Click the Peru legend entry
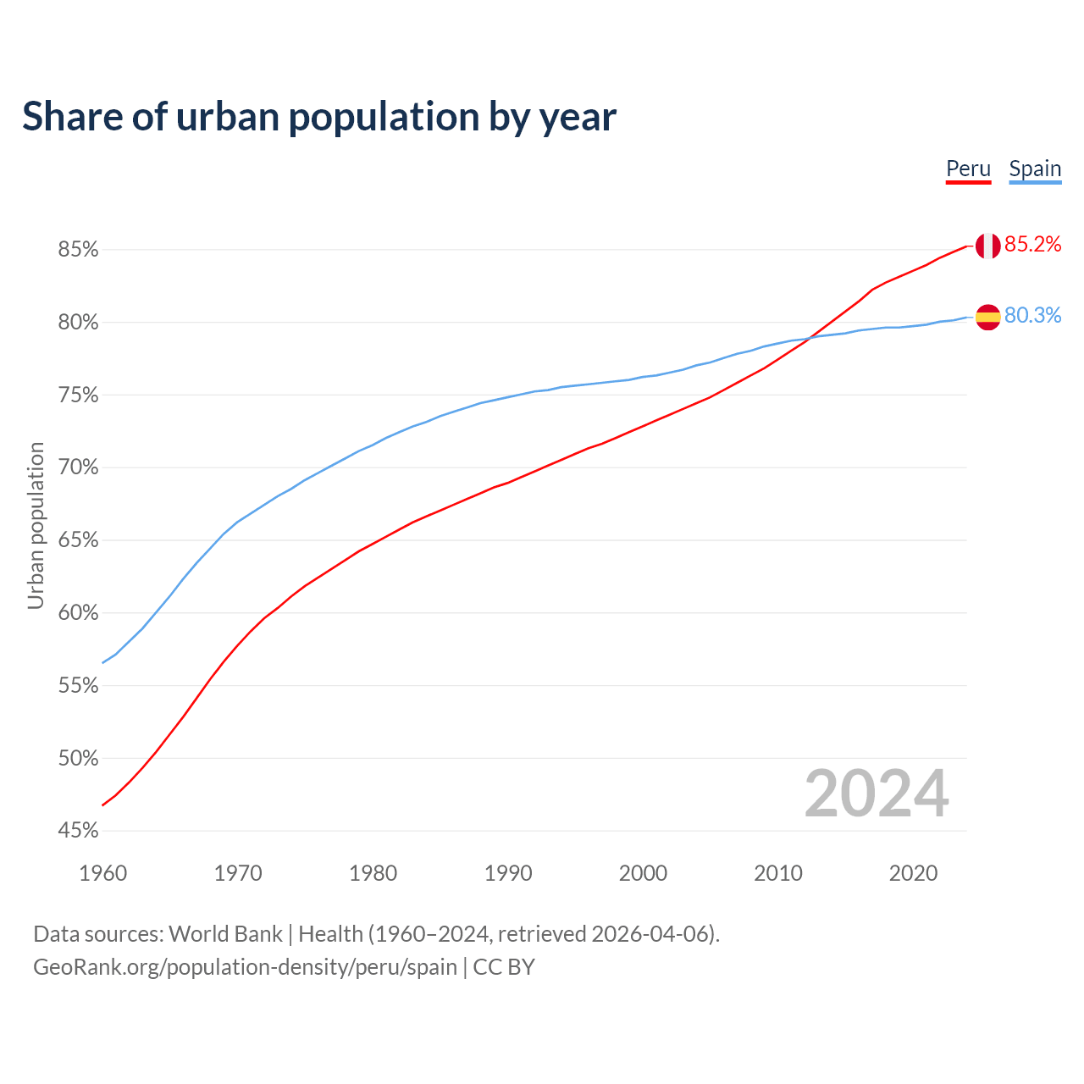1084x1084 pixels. pos(968,169)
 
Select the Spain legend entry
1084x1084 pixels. pos(1035,169)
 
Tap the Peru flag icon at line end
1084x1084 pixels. pos(987,246)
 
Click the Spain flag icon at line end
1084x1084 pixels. pos(987,318)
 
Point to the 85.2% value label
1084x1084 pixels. pos(1032,245)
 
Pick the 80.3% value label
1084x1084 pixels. pos(1032,316)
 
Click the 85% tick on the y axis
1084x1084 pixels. pos(78,250)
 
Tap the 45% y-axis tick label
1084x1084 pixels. pos(78,831)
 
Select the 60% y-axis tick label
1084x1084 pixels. pos(78,613)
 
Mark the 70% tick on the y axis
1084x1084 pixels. pos(78,467)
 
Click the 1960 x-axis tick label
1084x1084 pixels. pos(102,873)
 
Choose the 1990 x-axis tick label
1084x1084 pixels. pos(508,873)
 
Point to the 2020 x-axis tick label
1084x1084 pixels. pos(913,873)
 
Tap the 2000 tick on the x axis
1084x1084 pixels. pos(643,873)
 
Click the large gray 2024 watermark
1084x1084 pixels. pos(877,794)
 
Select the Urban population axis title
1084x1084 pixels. pos(36,525)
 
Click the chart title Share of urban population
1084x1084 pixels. pos(318,116)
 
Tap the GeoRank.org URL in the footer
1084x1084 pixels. pos(245,967)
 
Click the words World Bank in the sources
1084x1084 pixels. pos(225,934)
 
